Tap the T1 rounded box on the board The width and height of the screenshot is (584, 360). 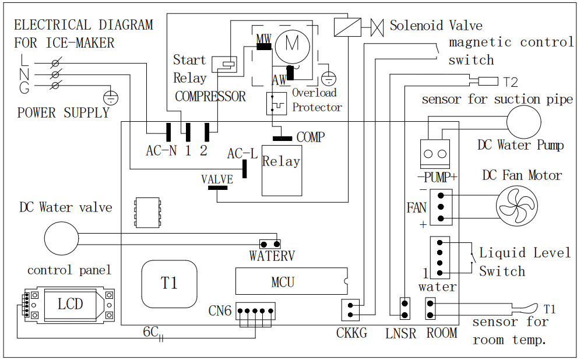click(169, 283)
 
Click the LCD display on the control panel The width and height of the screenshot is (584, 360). click(70, 303)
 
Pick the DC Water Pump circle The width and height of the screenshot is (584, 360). click(523, 121)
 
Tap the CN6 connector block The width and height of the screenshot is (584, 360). click(255, 312)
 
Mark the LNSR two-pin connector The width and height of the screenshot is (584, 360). click(403, 309)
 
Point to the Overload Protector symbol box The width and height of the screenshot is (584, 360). click(276, 104)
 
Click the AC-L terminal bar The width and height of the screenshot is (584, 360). click(245, 168)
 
